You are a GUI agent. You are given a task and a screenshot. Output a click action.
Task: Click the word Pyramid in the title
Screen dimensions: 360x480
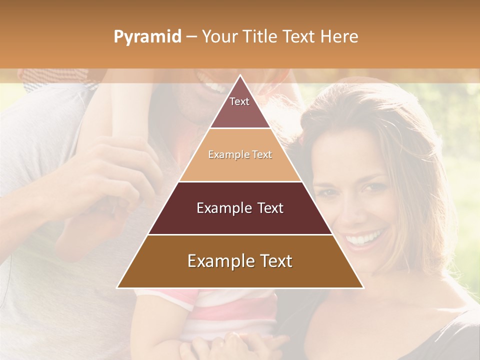pos(147,37)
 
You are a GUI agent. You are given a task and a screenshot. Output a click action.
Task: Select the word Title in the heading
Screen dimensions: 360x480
pos(260,37)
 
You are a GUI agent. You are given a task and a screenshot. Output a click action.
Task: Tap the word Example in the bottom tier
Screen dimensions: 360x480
pos(219,261)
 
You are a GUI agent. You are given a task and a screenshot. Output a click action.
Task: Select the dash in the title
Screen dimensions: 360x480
pos(191,37)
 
